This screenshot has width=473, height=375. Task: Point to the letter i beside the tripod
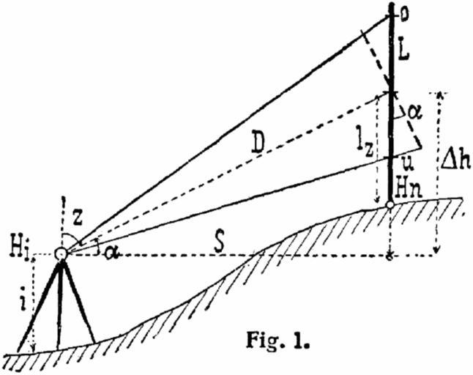pos(21,299)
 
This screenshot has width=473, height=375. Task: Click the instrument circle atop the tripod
pos(60,253)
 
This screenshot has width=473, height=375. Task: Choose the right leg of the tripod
pos(78,300)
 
